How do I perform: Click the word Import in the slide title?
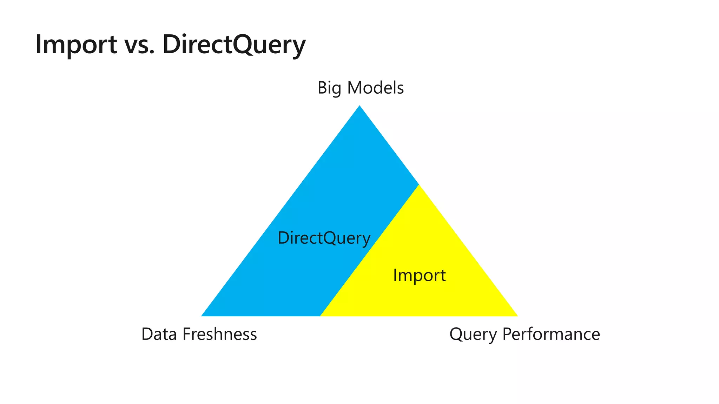click(x=76, y=44)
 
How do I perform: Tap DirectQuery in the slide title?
click(x=234, y=45)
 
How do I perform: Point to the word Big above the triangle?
click(x=329, y=88)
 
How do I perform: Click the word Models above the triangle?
click(x=375, y=88)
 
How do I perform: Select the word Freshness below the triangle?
click(x=219, y=334)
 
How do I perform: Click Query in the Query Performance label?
click(x=473, y=334)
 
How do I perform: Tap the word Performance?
click(x=551, y=334)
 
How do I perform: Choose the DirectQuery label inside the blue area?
click(x=324, y=238)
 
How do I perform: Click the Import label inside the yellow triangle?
click(x=419, y=275)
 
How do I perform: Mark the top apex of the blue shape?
click(x=359, y=106)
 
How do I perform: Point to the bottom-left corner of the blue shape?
click(x=202, y=316)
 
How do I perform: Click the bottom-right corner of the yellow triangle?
click(x=517, y=316)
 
